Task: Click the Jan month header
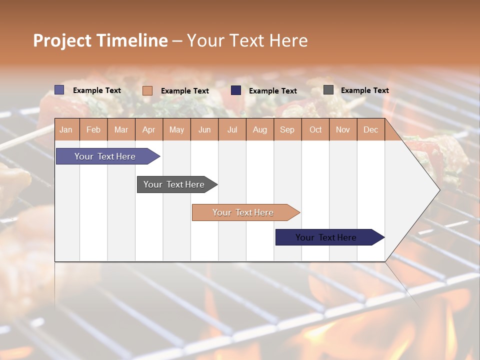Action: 66,129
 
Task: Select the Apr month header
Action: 149,129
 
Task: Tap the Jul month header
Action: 232,129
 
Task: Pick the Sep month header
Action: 287,129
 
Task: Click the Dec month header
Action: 370,129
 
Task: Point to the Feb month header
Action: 93,129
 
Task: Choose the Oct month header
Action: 315,129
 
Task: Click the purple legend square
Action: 59,90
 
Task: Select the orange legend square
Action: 147,90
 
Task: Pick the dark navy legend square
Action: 236,90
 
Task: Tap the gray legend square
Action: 328,90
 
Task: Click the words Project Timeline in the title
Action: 100,40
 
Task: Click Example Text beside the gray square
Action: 364,90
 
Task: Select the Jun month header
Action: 204,129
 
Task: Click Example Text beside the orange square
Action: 184,91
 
